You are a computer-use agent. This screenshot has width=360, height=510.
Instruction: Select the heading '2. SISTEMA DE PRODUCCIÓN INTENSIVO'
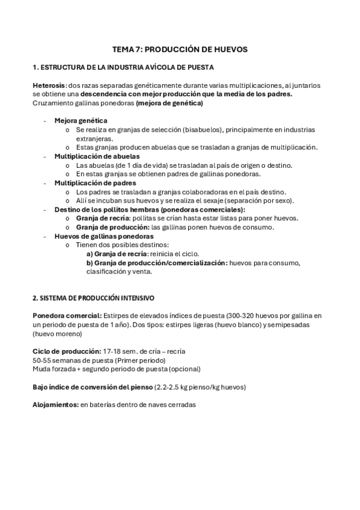(x=93, y=297)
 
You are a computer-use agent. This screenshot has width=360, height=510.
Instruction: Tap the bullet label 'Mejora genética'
(x=81, y=120)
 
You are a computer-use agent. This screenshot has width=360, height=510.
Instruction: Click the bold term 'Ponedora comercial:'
(x=67, y=315)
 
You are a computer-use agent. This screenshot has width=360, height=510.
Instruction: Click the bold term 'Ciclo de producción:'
(x=66, y=351)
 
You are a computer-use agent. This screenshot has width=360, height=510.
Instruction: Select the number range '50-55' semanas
(x=41, y=360)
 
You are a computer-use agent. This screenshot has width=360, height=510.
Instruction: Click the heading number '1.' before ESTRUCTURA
(x=35, y=67)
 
